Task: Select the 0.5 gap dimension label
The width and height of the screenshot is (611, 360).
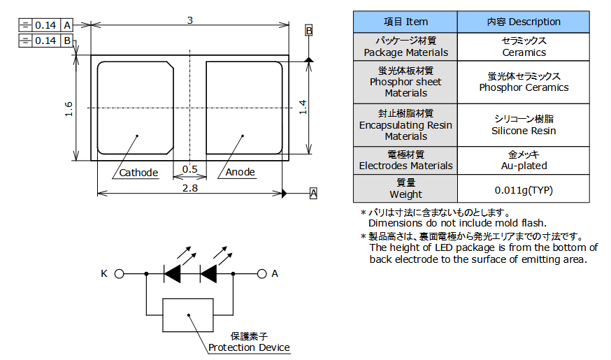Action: coord(189,169)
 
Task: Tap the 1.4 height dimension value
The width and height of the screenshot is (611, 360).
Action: coord(302,106)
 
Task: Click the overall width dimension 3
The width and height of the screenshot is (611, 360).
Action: coord(189,20)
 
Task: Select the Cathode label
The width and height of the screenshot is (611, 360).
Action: coord(138,172)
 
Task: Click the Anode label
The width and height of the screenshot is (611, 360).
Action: coord(240,172)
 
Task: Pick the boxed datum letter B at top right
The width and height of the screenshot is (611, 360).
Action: coord(308,31)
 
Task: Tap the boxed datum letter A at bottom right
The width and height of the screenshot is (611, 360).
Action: coord(313,193)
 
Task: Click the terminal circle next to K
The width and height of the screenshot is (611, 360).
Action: coord(119,274)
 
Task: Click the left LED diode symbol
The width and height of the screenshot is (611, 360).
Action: coord(172,274)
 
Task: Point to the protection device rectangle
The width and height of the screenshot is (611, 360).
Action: coord(188,315)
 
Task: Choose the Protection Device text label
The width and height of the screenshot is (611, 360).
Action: coord(249,347)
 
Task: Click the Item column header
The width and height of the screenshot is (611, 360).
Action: coord(405,22)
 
